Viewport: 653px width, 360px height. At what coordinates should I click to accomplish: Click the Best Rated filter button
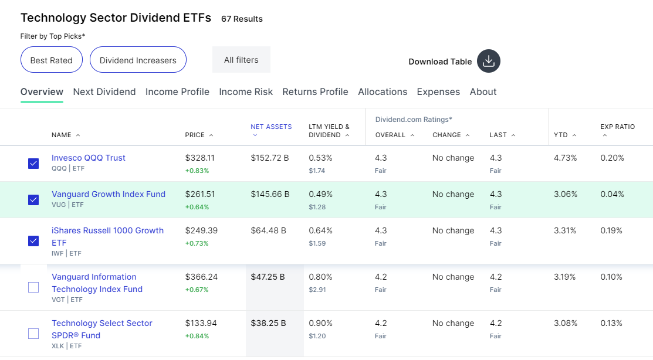coord(51,60)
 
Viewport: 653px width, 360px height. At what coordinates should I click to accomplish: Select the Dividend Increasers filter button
coord(138,60)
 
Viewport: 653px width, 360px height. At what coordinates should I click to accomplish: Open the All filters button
coord(241,60)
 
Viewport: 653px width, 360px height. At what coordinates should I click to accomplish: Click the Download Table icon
coord(489,61)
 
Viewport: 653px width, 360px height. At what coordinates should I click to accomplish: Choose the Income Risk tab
coord(246,91)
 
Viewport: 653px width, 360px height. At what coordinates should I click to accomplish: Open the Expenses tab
coord(438,91)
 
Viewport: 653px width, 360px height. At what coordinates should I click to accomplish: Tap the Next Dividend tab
coord(104,91)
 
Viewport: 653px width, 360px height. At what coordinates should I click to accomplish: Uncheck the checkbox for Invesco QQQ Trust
coord(33,164)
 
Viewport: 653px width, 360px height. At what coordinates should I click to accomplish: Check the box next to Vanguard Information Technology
coord(33,287)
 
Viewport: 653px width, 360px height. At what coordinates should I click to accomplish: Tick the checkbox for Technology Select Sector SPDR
coord(33,334)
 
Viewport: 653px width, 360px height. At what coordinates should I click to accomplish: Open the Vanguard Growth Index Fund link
coord(109,194)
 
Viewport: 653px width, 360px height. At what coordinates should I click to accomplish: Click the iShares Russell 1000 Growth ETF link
coord(107,236)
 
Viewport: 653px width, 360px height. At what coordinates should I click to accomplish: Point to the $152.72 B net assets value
coord(270,158)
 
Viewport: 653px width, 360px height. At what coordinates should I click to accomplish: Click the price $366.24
coord(202,277)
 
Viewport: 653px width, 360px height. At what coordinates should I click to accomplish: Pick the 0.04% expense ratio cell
coord(612,194)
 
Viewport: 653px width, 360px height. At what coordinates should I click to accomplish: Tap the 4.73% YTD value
coord(565,158)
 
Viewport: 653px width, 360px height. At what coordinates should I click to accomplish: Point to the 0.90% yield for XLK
coord(321,323)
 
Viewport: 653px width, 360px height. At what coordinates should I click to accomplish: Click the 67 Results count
coord(242,19)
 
